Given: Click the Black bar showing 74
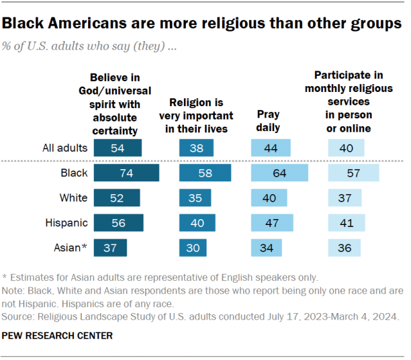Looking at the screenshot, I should [x=126, y=174].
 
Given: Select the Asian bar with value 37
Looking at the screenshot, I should [x=110, y=248].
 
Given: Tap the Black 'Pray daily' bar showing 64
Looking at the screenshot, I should [x=279, y=174].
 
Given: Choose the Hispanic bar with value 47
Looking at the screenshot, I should [x=271, y=223].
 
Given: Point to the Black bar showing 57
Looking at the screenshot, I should [x=353, y=174].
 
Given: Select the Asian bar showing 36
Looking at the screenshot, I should [x=344, y=248].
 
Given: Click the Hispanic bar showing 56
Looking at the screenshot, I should [x=118, y=223].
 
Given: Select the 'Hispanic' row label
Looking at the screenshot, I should [x=66, y=223].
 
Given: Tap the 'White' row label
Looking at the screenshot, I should [x=73, y=199].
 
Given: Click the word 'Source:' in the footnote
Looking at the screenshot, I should [x=19, y=317].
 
